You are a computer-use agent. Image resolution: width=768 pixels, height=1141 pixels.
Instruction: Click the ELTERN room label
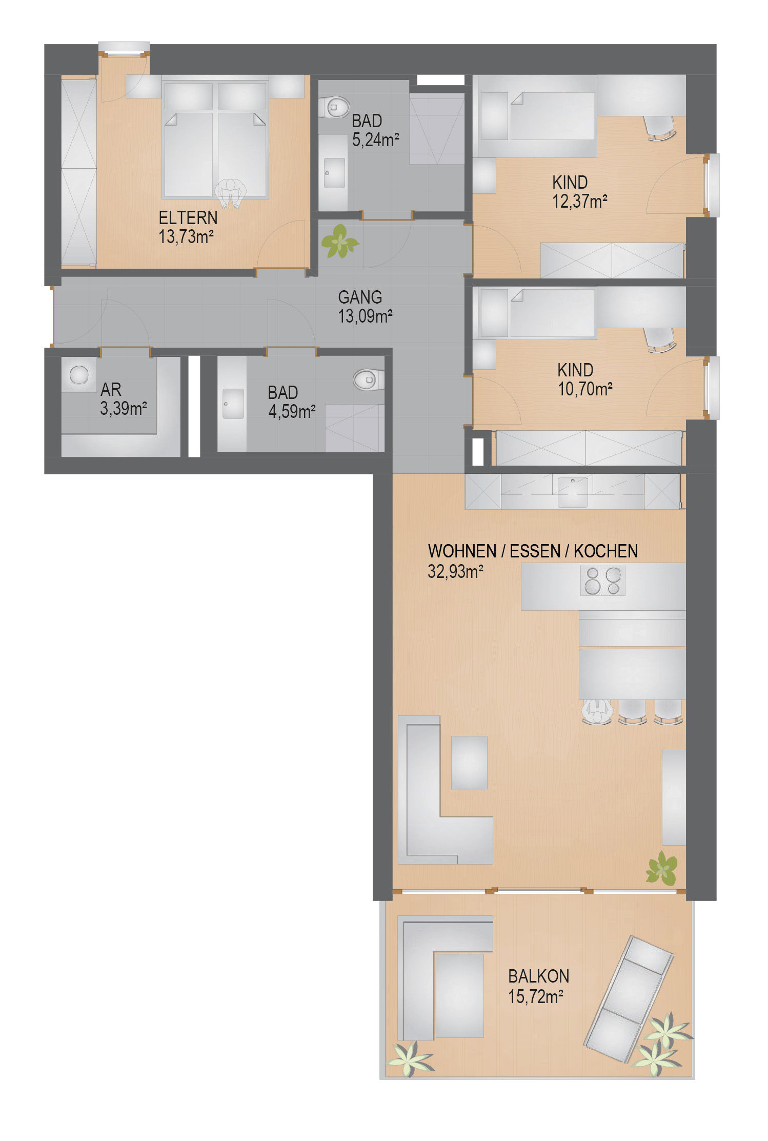point(188,218)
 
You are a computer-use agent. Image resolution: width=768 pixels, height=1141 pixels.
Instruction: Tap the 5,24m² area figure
point(376,139)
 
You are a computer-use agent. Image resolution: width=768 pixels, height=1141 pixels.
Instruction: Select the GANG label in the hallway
point(360,297)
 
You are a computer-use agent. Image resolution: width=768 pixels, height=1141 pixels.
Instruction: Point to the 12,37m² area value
point(580,202)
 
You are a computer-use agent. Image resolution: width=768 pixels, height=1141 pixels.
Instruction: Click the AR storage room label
point(111,390)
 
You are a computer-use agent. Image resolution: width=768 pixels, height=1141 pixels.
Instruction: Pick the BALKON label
point(538,976)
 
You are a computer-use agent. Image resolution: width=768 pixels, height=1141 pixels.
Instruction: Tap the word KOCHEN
point(605,551)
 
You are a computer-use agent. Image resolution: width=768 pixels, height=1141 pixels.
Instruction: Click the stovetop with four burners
point(603,580)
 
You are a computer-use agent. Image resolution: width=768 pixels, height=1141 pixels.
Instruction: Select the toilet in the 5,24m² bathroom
point(334,107)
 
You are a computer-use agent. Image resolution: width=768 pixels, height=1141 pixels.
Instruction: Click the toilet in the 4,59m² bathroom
point(369,379)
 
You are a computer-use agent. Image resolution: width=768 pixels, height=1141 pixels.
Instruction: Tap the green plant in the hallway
point(339,241)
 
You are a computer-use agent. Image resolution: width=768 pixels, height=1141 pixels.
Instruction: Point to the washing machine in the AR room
point(79,375)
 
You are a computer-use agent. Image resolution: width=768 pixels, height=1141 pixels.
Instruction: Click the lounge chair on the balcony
point(629,999)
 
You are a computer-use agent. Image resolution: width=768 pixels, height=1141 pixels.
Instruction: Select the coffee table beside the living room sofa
point(469,763)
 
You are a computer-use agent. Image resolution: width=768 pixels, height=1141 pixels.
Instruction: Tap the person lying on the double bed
point(230,193)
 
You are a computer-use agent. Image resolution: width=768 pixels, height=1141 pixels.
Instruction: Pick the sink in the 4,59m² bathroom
point(233,404)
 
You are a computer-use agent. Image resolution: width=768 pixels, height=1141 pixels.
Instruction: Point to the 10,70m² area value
point(585,389)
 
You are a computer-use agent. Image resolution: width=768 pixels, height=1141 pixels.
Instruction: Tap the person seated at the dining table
point(597,712)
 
